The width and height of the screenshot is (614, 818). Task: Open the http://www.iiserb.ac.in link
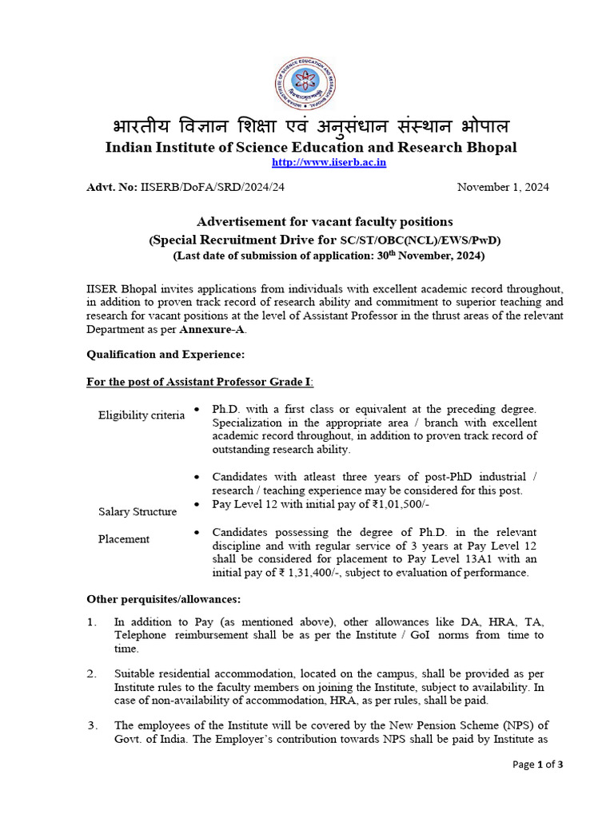(x=317, y=162)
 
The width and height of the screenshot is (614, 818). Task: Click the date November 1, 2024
(x=502, y=187)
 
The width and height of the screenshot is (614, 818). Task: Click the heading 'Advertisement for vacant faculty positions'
(x=325, y=221)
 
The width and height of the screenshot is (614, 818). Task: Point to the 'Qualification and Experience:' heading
(x=165, y=354)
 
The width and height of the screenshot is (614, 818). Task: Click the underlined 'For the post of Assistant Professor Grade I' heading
(x=200, y=382)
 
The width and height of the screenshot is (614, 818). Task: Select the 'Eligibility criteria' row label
(x=141, y=415)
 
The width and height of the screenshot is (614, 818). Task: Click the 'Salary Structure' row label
(x=138, y=511)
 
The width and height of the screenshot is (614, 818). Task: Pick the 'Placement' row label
(x=124, y=539)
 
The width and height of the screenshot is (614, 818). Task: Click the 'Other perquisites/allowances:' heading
(x=162, y=599)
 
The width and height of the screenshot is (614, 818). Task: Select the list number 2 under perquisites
(x=91, y=673)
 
